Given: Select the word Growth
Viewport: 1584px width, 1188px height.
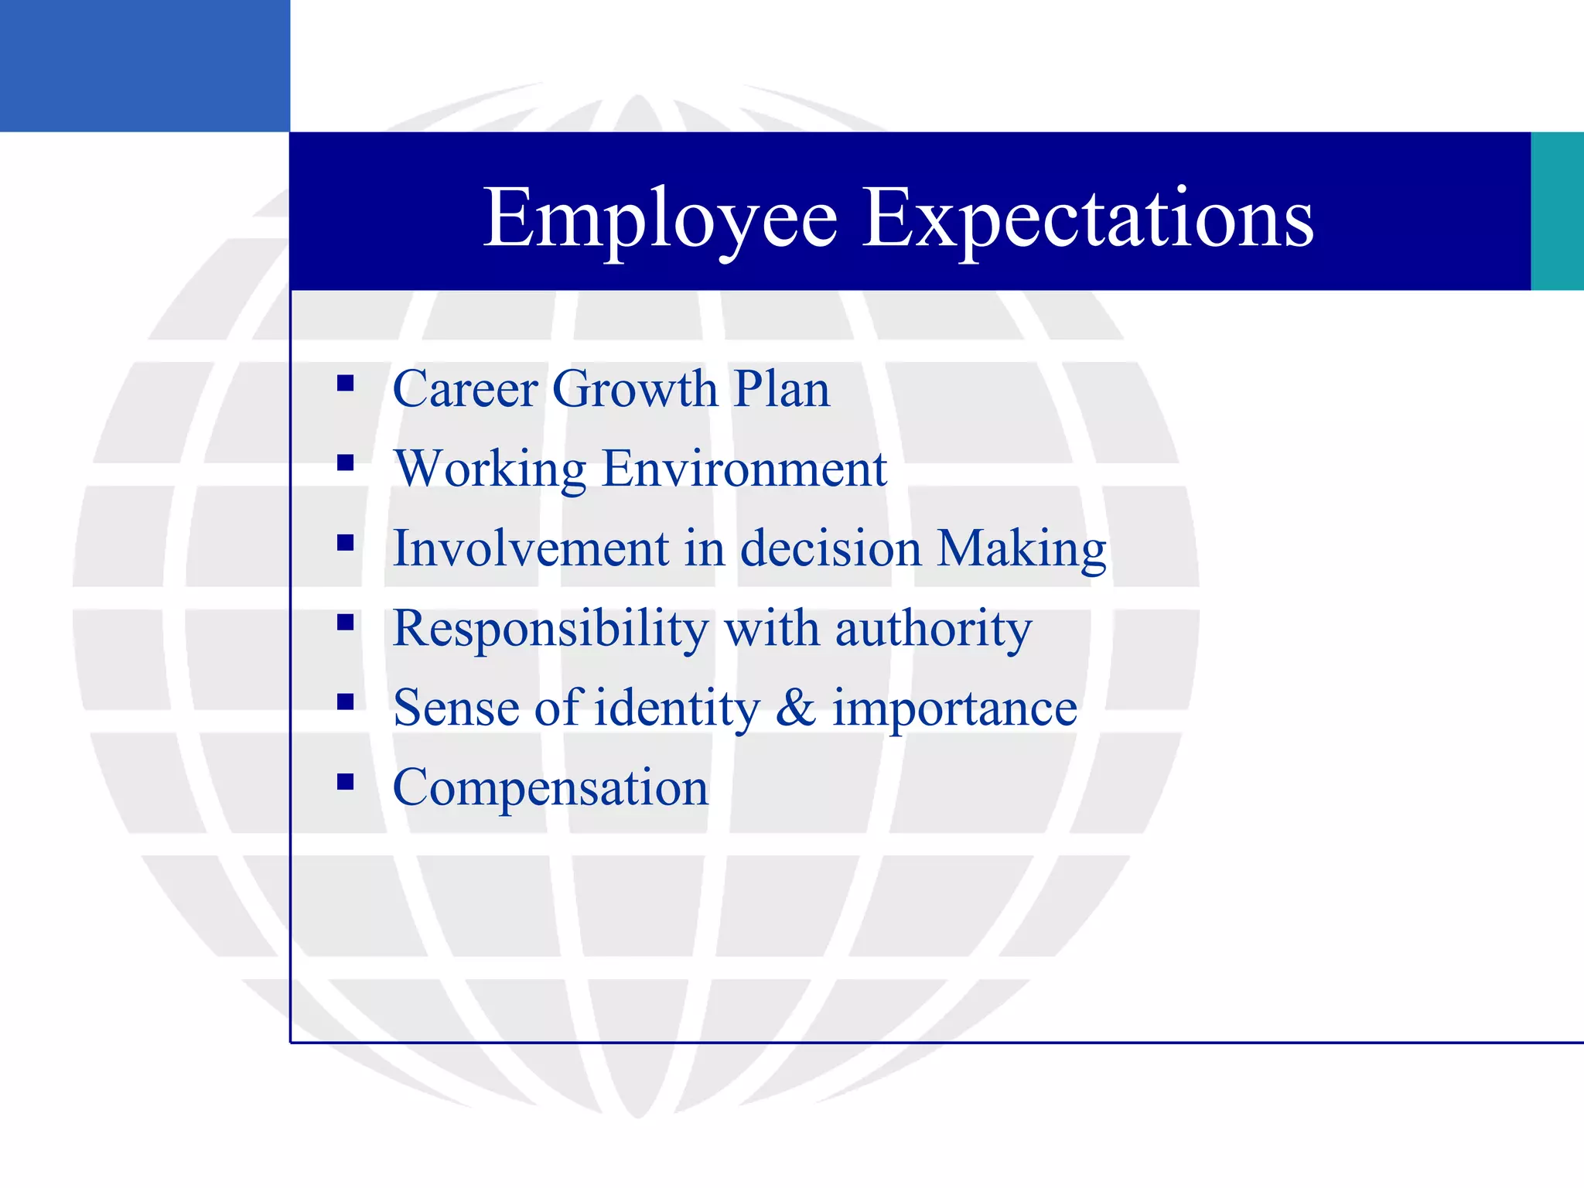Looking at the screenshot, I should click(x=635, y=388).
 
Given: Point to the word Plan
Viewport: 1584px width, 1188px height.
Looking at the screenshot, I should click(x=781, y=388).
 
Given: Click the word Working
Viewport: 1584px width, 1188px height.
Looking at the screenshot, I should click(x=490, y=469).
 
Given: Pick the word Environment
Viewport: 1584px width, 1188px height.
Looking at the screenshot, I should click(x=744, y=469).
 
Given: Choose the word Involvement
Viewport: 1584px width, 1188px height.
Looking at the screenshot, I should click(x=531, y=548).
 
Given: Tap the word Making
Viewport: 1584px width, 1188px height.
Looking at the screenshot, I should click(x=1022, y=548).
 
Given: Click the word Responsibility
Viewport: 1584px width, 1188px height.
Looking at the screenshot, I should click(x=550, y=628).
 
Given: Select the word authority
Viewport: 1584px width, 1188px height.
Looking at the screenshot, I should click(x=934, y=628).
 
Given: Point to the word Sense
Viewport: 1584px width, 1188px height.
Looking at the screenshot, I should click(x=456, y=708).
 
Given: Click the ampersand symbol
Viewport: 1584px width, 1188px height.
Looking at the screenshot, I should click(x=796, y=708).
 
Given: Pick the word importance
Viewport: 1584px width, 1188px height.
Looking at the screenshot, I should click(x=954, y=708).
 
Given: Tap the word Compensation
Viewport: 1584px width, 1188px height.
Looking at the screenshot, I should click(x=551, y=787).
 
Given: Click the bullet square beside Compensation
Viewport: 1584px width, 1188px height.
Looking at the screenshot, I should click(x=346, y=782).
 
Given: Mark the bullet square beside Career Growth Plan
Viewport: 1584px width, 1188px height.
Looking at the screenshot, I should click(x=346, y=383).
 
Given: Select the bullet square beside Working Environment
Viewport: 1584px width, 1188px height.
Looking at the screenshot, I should click(x=346, y=463).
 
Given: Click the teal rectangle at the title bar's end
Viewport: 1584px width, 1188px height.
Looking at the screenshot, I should click(x=1557, y=211).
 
